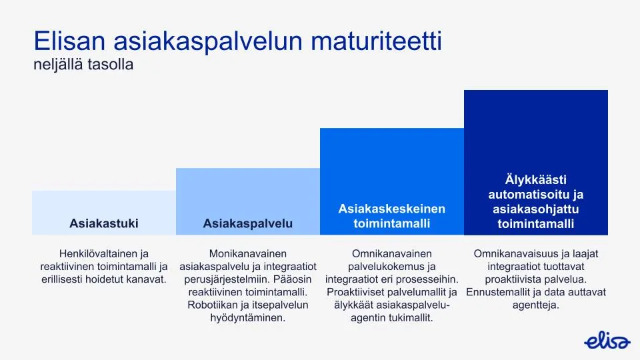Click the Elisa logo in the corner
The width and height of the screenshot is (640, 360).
(x=607, y=341)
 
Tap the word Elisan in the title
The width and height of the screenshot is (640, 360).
(x=70, y=41)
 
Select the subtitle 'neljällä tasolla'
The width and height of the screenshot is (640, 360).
(x=83, y=65)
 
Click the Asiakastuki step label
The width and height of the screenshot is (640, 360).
(x=104, y=223)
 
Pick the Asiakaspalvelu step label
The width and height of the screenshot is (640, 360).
(x=248, y=223)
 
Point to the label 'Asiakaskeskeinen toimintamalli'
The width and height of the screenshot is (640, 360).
(x=391, y=216)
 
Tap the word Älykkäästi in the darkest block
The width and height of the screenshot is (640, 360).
(x=536, y=179)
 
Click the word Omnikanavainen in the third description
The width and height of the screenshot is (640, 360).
(x=391, y=253)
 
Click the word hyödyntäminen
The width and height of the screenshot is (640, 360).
(x=248, y=317)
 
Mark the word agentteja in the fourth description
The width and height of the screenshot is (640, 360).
(x=536, y=305)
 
